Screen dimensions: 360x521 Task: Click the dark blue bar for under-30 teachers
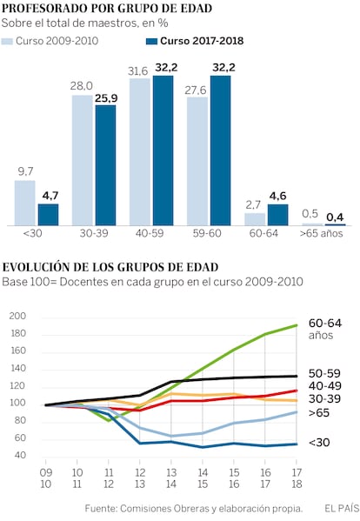tap(48, 215)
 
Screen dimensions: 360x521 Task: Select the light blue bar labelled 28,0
tap(83, 161)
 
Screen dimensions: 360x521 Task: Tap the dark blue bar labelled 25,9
tap(105, 165)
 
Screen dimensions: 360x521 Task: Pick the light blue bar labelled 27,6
tap(197, 162)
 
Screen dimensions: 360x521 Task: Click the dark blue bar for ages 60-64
tap(278, 215)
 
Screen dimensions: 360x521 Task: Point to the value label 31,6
tap(137, 71)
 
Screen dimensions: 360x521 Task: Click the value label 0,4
tap(335, 217)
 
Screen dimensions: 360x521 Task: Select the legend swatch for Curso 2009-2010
tap(7, 41)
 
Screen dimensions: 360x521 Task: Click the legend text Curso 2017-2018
tap(202, 41)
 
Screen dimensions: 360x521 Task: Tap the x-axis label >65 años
tap(321, 233)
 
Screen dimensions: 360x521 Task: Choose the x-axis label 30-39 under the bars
tap(94, 233)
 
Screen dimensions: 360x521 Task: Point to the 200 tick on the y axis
tap(17, 316)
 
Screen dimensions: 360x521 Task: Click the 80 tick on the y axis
tap(20, 420)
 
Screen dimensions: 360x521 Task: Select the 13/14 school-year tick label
tap(171, 478)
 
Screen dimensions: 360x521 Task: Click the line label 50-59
tap(324, 373)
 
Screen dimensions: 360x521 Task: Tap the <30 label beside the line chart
tap(319, 443)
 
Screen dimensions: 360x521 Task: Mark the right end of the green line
tap(297, 325)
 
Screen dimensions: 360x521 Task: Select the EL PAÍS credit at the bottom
tap(342, 508)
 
